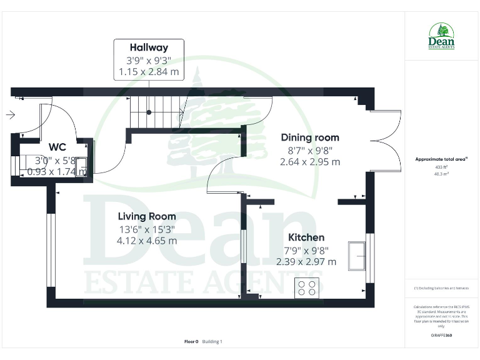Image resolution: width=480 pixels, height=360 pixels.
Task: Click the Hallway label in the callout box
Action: pyautogui.click(x=149, y=47)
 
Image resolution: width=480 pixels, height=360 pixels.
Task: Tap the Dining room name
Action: pyautogui.click(x=310, y=137)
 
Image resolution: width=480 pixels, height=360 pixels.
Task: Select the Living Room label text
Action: pyautogui.click(x=147, y=216)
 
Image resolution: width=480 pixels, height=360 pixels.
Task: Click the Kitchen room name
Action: pyautogui.click(x=306, y=237)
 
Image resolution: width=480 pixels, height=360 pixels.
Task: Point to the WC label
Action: pyautogui.click(x=57, y=147)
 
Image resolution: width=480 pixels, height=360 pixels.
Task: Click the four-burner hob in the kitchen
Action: pyautogui.click(x=306, y=287)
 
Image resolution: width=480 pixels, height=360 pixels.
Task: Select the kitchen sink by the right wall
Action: pyautogui.click(x=359, y=254)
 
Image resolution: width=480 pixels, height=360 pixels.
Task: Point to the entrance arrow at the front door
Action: pyautogui.click(x=10, y=116)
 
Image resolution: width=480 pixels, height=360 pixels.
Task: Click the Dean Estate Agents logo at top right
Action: pyautogui.click(x=441, y=36)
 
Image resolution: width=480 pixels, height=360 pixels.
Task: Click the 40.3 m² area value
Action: pyautogui.click(x=441, y=174)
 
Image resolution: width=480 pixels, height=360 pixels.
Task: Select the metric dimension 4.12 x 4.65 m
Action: pyautogui.click(x=147, y=240)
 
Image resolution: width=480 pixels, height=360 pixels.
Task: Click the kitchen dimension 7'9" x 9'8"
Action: pyautogui.click(x=306, y=250)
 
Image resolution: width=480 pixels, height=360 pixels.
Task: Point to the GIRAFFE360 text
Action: pyautogui.click(x=441, y=336)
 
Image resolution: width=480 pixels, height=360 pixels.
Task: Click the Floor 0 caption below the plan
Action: pyautogui.click(x=191, y=341)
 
